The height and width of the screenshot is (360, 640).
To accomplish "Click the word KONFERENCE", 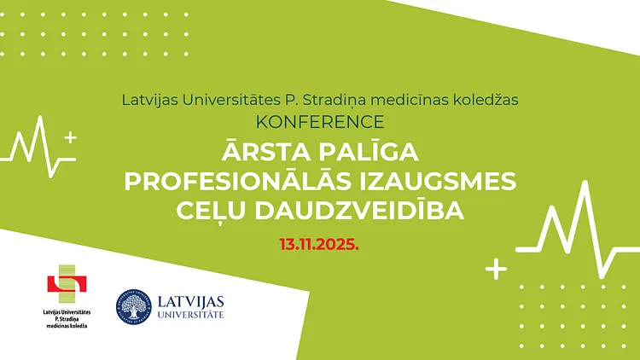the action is [320, 122].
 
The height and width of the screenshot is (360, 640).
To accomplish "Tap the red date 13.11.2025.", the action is [319, 244].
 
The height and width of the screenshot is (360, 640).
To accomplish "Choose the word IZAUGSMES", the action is [438, 181].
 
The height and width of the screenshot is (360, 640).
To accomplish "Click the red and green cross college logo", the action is [67, 284].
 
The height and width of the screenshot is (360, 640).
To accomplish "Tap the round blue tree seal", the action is [133, 307].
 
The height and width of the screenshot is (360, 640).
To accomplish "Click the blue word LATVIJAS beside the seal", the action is [190, 302].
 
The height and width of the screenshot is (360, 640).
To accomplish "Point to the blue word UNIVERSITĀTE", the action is [190, 315].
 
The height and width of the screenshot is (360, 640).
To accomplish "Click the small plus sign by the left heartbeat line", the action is [71, 137].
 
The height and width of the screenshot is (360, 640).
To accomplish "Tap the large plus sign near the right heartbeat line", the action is [496, 269].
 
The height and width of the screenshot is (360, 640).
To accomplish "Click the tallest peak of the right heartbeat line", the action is [586, 183].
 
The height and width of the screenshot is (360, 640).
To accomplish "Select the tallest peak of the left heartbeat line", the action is [40, 118].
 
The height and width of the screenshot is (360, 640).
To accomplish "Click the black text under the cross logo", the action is [67, 319].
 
